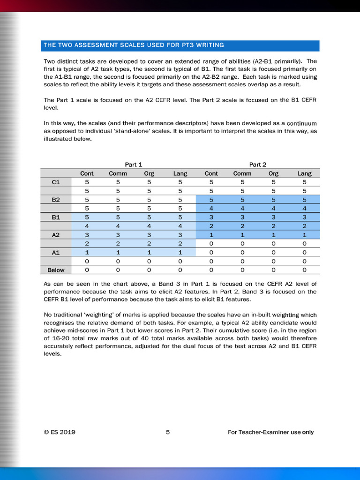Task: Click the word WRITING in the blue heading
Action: (208, 45)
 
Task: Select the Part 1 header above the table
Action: (134, 165)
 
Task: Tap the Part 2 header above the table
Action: (258, 165)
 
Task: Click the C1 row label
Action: (56, 182)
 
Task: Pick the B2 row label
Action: (56, 200)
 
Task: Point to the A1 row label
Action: (56, 253)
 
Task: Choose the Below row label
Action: (56, 270)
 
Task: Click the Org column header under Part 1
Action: (149, 173)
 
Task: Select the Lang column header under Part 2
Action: (304, 173)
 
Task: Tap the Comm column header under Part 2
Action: (242, 173)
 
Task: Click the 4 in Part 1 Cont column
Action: (87, 226)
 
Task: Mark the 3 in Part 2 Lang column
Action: (304, 217)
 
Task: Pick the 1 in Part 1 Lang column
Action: (180, 253)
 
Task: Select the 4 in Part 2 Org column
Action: (273, 209)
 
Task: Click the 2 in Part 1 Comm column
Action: (118, 244)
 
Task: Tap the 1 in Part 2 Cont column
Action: (211, 235)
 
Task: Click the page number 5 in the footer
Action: (168, 432)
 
